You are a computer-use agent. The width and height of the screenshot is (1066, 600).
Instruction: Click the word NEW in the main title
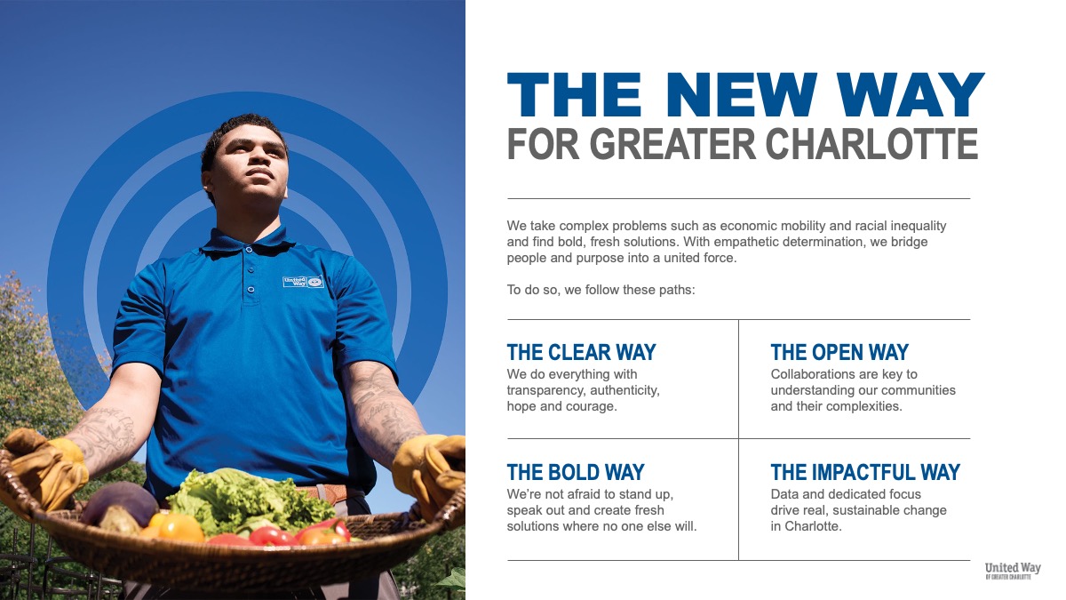tap(742, 95)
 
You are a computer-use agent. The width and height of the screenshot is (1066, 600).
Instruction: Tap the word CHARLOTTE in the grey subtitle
tap(871, 143)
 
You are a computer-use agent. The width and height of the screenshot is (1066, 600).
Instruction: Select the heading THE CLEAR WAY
tap(582, 352)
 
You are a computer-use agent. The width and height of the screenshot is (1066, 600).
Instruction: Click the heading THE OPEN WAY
tap(839, 352)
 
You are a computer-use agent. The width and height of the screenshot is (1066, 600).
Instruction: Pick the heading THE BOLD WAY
tap(576, 472)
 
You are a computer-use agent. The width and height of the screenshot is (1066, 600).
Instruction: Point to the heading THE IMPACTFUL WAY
tap(865, 472)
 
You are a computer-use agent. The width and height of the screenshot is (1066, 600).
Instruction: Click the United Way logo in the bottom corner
tap(1013, 571)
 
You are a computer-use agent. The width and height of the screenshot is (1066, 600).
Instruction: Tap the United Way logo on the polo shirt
tap(303, 282)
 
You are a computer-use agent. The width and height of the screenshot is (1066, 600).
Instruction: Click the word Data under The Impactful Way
tap(784, 494)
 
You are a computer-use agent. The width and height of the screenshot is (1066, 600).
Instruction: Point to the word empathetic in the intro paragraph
tap(745, 243)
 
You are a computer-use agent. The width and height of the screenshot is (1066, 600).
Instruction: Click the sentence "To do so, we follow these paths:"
tap(601, 290)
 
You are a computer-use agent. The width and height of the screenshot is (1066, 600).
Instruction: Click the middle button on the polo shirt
tap(251, 269)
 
